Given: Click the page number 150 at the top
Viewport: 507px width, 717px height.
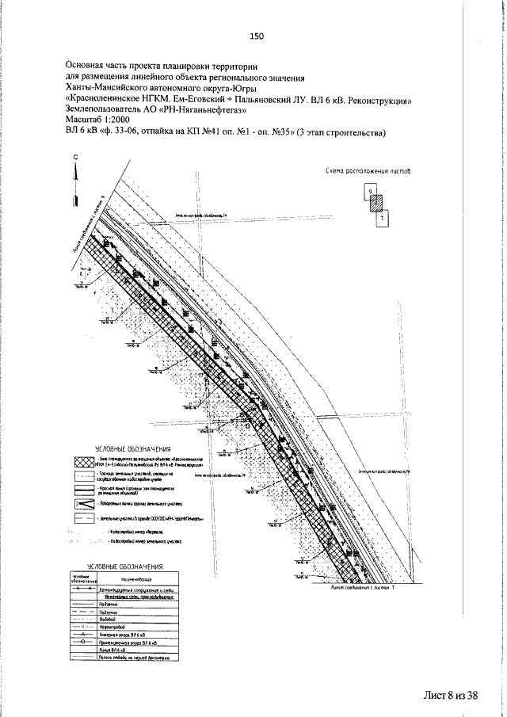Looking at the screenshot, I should tap(255, 36).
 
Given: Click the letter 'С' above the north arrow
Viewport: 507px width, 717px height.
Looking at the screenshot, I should tap(76, 158).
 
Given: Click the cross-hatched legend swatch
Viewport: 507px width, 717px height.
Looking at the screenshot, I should tap(83, 461).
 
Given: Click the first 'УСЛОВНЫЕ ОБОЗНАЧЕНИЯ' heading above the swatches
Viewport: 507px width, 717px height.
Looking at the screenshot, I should tap(123, 449).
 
